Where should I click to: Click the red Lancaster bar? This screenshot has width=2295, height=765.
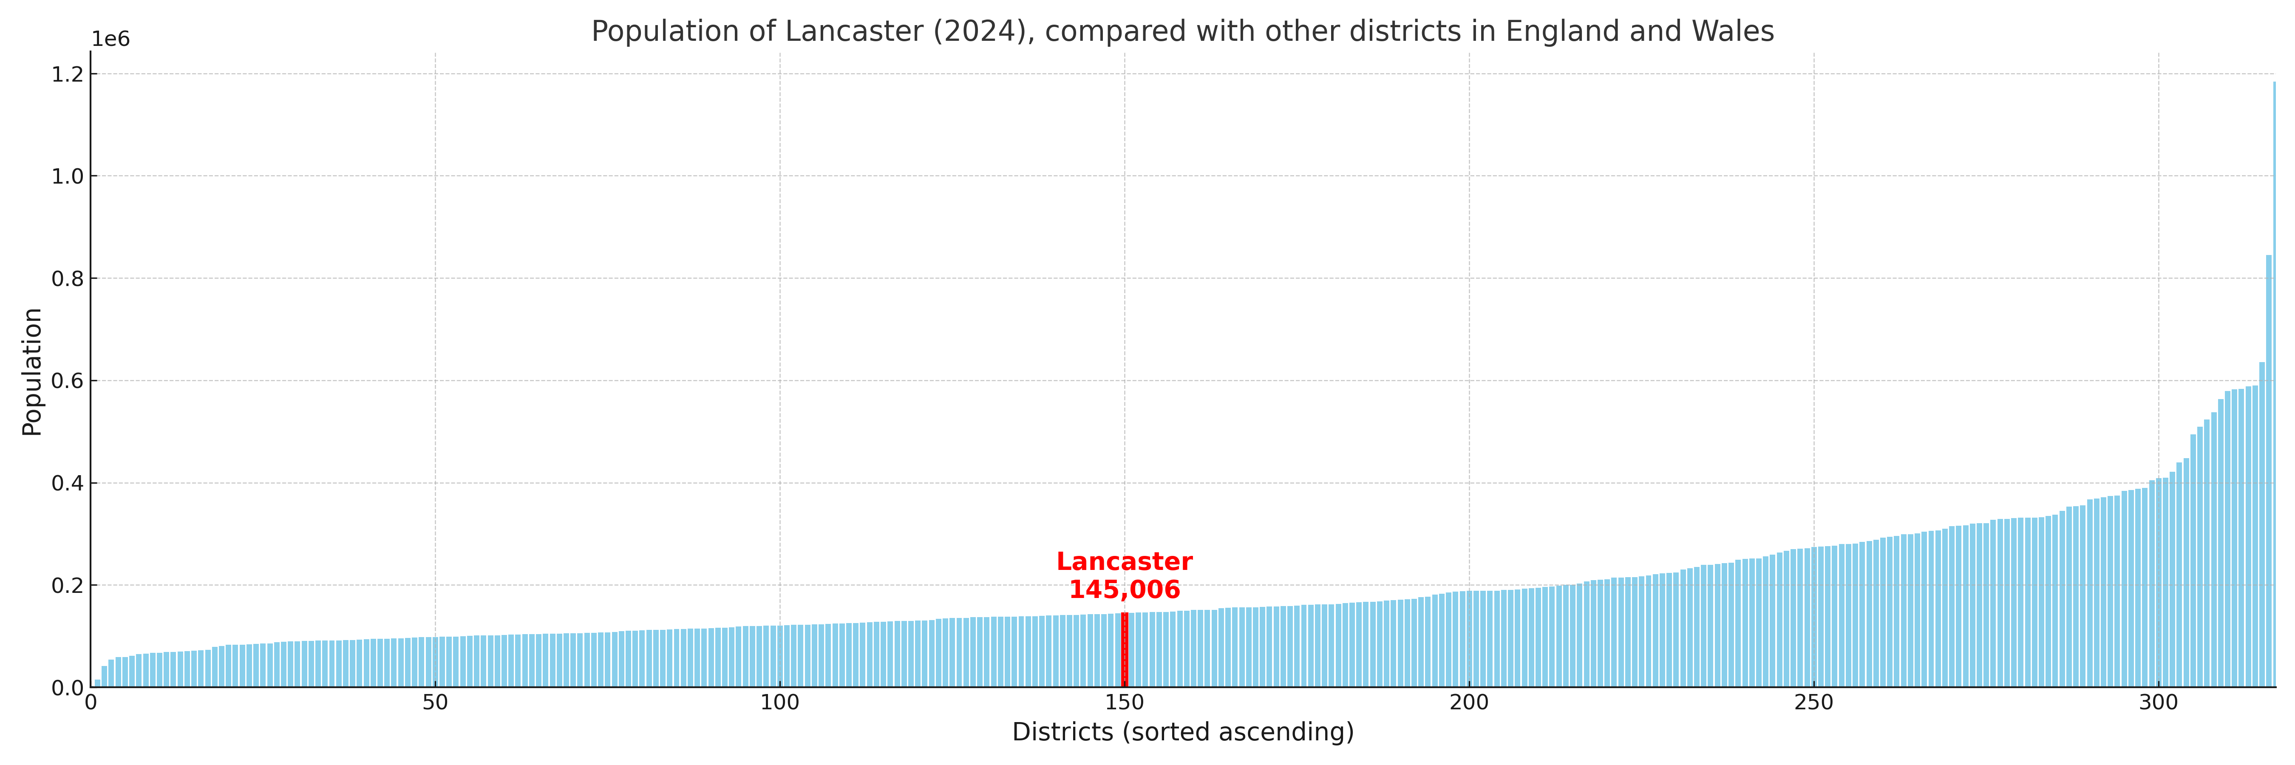1124,650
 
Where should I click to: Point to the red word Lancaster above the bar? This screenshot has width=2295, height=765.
1124,562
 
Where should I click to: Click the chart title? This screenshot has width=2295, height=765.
1182,31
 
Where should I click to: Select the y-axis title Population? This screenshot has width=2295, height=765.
32,371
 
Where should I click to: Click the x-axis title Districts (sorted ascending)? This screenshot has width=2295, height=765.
1182,732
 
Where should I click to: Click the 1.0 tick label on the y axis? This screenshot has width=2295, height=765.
68,176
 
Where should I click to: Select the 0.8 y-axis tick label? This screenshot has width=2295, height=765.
68,279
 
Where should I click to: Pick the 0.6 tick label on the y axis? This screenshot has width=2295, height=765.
68,381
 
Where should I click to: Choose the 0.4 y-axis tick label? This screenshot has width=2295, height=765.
68,484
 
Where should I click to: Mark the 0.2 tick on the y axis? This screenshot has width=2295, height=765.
68,586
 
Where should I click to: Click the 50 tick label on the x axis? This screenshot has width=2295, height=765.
435,703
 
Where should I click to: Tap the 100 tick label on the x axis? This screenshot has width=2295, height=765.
779,703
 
